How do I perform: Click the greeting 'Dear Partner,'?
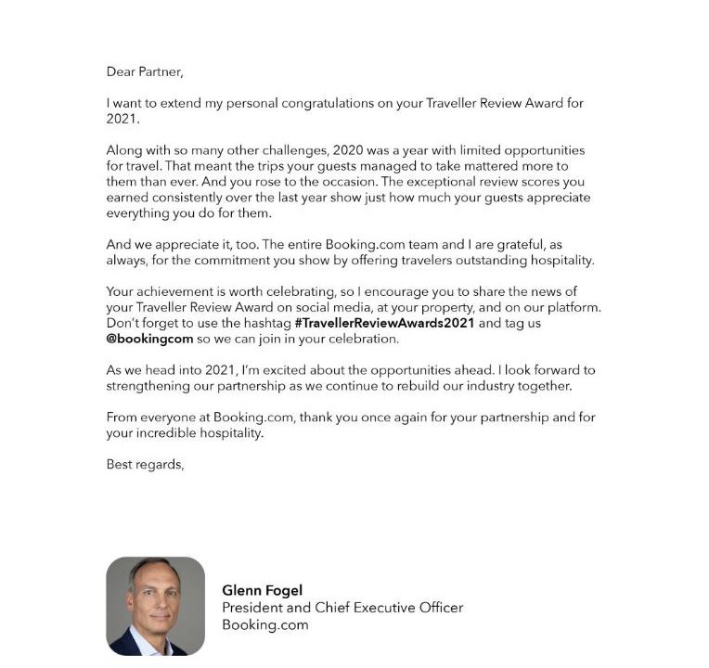[145, 71]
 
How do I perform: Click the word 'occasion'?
[347, 182]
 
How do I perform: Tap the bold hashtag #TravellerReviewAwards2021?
[384, 323]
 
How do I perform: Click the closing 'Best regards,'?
[145, 465]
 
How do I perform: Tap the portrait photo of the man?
[155, 606]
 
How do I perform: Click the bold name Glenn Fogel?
[262, 590]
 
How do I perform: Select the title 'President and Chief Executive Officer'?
[342, 608]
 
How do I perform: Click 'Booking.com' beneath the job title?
[264, 624]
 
